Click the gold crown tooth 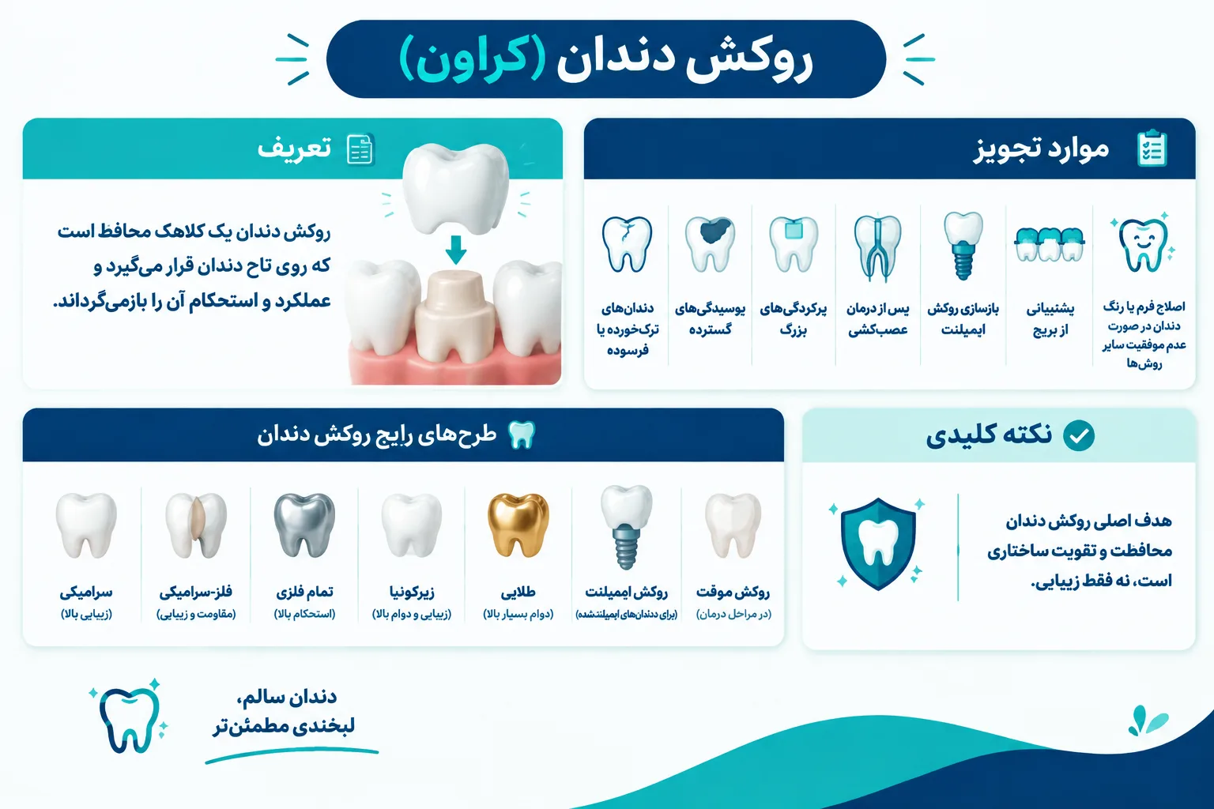(518, 525)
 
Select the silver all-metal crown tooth (304, 525)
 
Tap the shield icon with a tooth (878, 544)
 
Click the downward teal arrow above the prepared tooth (456, 250)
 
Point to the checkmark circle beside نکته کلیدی (1079, 435)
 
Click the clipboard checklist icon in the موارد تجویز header (1152, 148)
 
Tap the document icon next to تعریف (360, 149)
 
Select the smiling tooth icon (1143, 244)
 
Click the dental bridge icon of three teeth (1050, 244)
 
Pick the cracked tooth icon (627, 244)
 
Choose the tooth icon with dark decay (710, 244)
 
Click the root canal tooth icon (877, 247)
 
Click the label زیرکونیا (412, 593)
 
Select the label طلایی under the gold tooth (518, 593)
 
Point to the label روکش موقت (733, 593)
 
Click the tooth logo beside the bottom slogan (129, 718)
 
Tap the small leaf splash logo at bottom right (1147, 721)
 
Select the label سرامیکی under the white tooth (86, 593)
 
